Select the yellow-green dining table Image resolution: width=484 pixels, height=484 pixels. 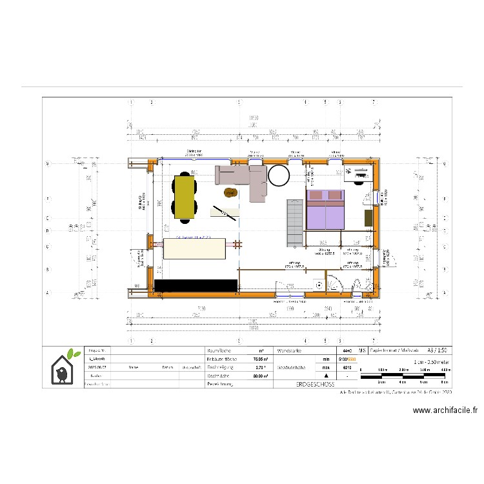point(185,197)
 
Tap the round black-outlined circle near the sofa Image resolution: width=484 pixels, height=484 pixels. point(279,175)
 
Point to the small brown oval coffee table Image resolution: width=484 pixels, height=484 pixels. point(230,192)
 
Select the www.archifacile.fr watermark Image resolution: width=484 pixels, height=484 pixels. point(445,410)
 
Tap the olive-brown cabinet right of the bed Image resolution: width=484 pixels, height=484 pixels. point(368,217)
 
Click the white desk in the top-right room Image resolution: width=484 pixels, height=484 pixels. point(358,173)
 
